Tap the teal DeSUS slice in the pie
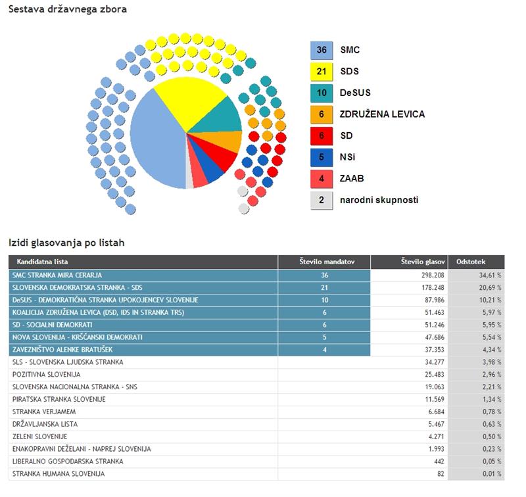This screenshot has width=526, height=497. pos(221,116)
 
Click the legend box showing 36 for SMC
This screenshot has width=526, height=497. pos(322,50)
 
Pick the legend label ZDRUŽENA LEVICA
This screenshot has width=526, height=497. pos(382,114)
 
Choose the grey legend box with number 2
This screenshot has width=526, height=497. pos(322,200)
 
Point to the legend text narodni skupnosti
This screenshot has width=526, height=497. pos(379,200)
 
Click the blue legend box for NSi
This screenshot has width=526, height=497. pos(322,157)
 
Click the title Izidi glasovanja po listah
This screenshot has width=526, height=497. pos(66,243)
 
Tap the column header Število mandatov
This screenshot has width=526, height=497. pos(324,262)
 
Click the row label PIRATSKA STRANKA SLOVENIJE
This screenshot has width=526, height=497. pos(59,399)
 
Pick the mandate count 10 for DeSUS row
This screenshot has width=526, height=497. pos(324,300)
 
